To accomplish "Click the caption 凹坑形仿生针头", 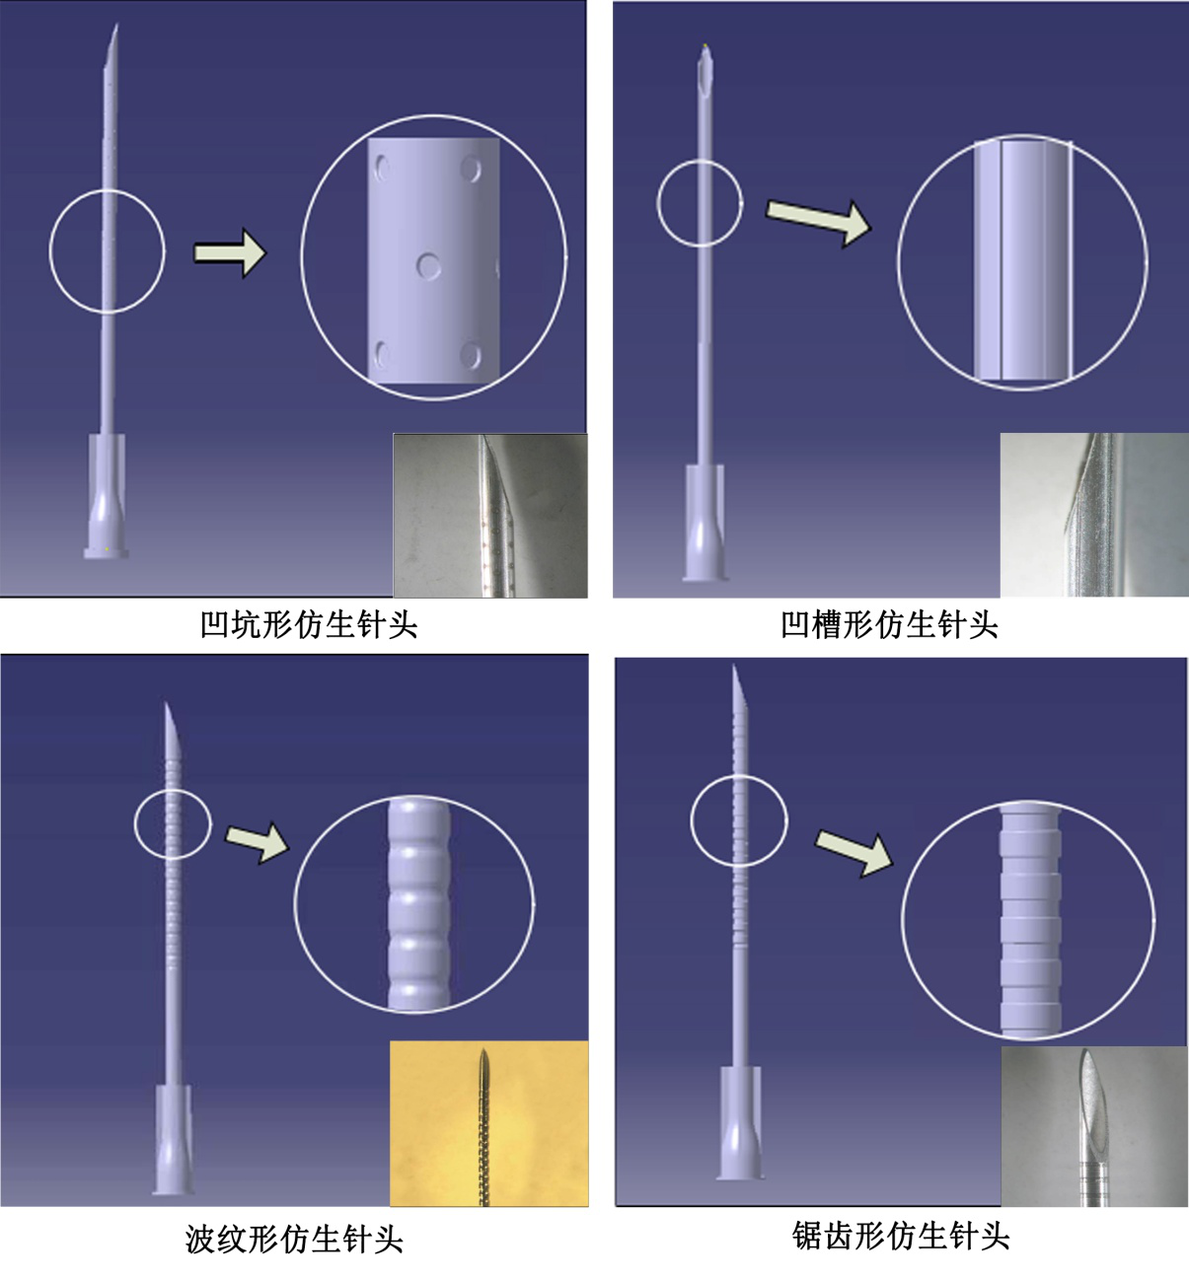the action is tap(309, 624).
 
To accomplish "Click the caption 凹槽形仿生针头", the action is tap(889, 624).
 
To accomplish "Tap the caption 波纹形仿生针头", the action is tap(294, 1239).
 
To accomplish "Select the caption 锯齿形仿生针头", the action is tap(900, 1236).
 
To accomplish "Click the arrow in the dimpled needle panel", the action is tap(230, 253).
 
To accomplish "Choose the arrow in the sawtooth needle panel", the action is tap(855, 853).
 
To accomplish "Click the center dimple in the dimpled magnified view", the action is tap(428, 265).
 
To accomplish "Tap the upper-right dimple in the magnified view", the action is tap(471, 170).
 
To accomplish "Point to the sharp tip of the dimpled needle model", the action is tap(116, 26).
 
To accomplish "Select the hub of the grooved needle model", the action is tap(705, 523).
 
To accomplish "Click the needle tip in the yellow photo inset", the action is tap(483, 1051).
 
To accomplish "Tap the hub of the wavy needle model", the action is tap(172, 1139).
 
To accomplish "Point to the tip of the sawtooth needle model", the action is tap(734, 667).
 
